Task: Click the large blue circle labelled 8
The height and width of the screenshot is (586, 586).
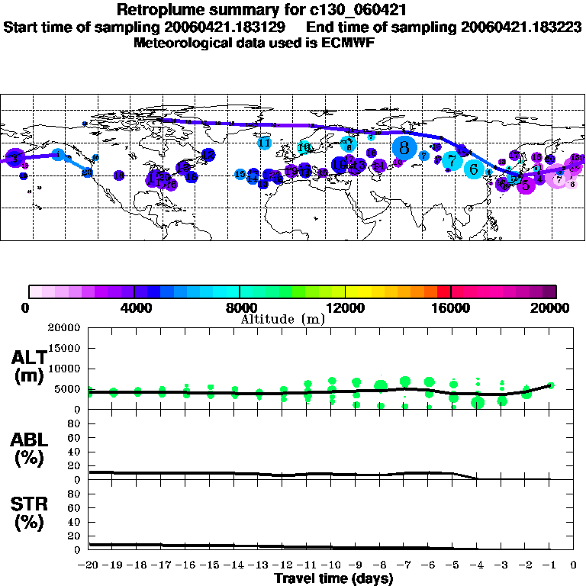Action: (x=404, y=146)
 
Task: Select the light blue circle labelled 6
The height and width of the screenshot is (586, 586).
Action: (x=475, y=169)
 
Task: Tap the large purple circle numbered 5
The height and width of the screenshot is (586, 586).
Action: (x=526, y=184)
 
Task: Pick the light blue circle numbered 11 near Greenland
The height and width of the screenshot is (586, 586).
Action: (x=265, y=143)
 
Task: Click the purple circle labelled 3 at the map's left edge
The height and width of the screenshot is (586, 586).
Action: (x=14, y=157)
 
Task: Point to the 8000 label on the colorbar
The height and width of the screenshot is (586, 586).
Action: (x=240, y=308)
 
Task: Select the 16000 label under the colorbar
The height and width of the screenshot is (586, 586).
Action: (x=451, y=308)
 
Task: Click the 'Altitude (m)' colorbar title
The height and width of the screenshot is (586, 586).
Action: (x=282, y=319)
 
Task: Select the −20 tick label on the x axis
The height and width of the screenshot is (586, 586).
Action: (x=89, y=565)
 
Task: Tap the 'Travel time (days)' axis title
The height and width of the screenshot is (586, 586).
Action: (x=333, y=579)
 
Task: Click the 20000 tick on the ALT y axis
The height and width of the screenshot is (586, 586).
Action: (x=65, y=328)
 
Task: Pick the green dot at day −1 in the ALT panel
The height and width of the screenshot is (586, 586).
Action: (x=551, y=385)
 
